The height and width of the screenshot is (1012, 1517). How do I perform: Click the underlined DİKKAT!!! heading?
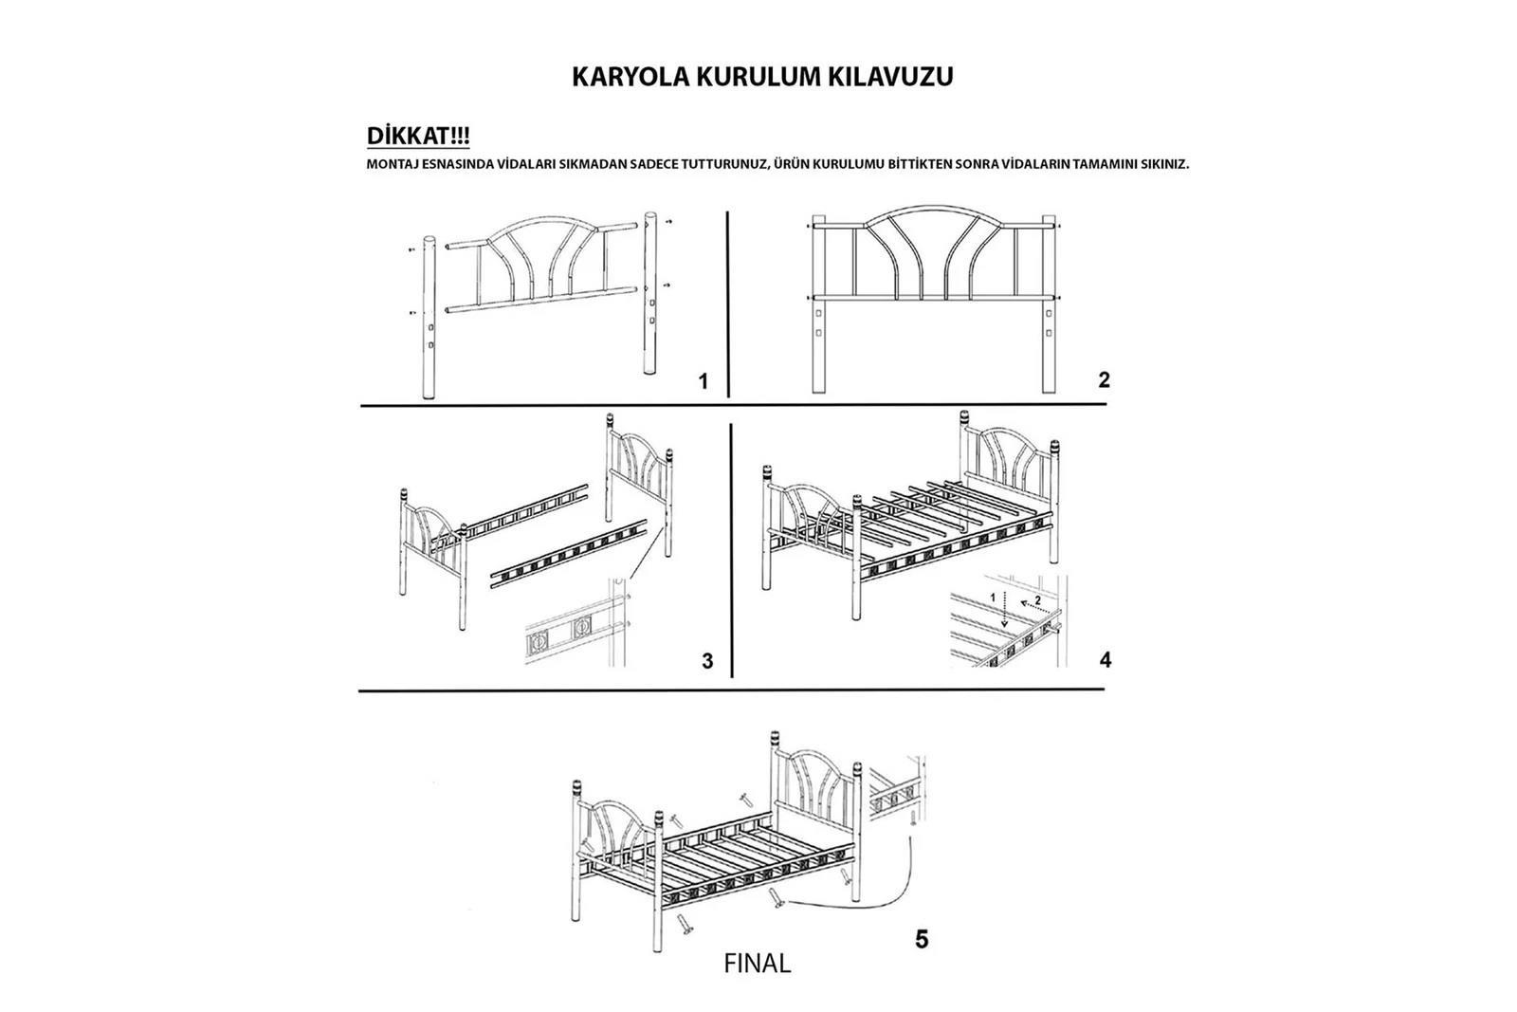[418, 137]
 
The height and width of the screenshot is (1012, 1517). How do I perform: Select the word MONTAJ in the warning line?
[392, 164]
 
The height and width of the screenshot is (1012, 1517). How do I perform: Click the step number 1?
[703, 381]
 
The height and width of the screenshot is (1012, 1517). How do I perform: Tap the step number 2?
[1104, 380]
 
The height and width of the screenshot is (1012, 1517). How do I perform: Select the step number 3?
[707, 661]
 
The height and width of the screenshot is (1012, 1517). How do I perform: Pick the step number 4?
[1105, 659]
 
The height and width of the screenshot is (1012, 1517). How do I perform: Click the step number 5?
[922, 940]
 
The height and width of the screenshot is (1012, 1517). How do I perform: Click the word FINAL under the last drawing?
[757, 965]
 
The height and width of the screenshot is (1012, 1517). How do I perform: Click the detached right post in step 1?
[651, 294]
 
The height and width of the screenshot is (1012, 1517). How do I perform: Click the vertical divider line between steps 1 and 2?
[727, 304]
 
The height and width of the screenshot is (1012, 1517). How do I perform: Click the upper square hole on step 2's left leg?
[818, 313]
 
